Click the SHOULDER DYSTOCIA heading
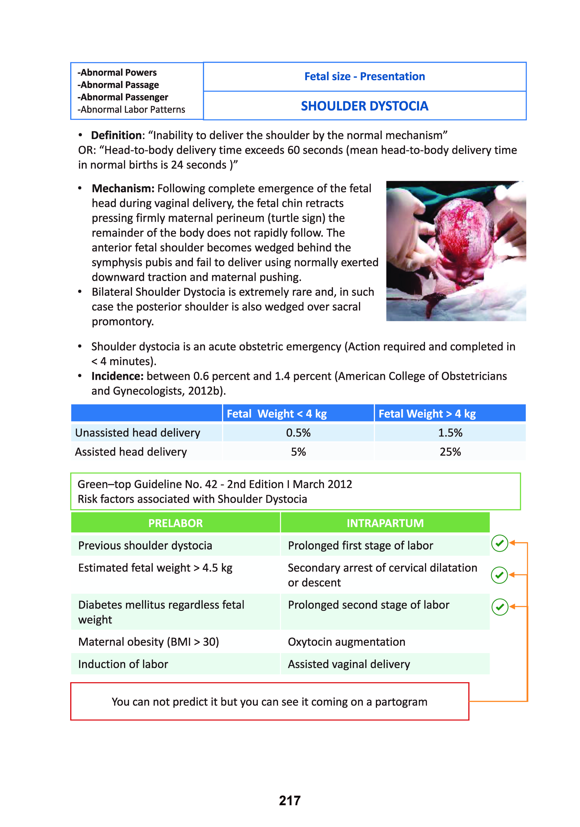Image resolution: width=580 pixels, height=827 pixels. coord(364,106)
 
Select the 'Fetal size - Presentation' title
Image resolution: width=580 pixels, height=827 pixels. coord(364,76)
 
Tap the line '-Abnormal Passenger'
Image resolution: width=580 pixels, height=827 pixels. coord(123,97)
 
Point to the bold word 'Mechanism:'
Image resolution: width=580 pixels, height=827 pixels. coord(123,188)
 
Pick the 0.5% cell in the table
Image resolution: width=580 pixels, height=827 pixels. coord(298,433)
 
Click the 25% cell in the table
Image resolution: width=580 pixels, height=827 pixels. coord(450,452)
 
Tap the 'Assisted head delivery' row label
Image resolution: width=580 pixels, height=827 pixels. coord(131,452)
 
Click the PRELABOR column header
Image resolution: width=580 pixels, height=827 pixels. coord(176,523)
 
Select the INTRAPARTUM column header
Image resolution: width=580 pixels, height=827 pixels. coord(385,523)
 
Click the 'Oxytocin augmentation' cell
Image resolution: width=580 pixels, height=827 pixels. coord(346,642)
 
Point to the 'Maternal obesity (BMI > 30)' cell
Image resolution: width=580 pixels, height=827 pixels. coord(148,642)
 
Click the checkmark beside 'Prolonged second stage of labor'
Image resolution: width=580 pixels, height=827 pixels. coord(500,607)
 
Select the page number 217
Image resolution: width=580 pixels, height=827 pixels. coord(289,800)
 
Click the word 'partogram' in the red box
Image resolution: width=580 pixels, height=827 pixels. coord(401,702)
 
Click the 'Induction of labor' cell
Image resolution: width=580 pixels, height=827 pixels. coord(123,664)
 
